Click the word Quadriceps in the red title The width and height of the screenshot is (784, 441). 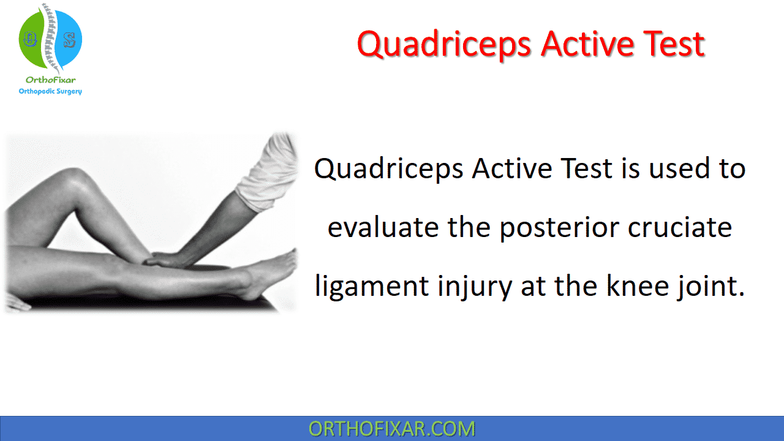tap(444, 45)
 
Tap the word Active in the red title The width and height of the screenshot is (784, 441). tap(587, 44)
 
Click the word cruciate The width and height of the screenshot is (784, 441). tap(680, 227)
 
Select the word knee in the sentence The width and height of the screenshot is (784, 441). tap(636, 285)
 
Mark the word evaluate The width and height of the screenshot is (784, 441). tap(383, 227)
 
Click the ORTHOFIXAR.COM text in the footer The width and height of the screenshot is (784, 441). tap(391, 429)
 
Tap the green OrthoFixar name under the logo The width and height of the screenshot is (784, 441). tap(50, 80)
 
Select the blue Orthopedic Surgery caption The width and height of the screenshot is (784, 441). tap(50, 91)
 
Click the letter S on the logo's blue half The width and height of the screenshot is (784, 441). tap(70, 40)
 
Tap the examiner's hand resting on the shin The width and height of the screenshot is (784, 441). tap(168, 260)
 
